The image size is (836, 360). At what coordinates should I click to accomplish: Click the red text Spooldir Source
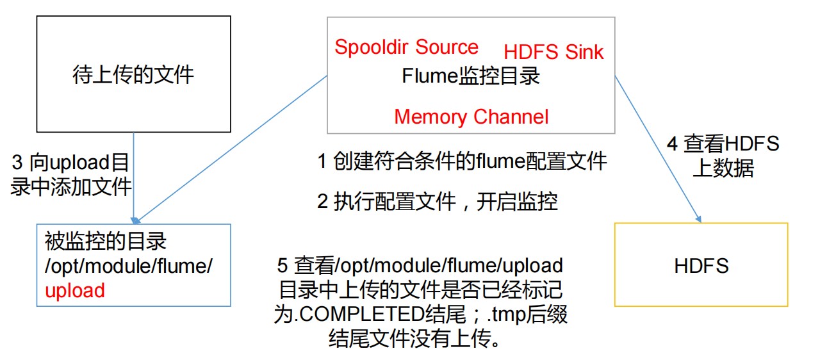click(x=406, y=48)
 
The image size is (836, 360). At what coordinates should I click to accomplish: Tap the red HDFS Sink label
click(x=553, y=52)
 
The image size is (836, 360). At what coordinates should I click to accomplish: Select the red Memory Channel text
click(x=471, y=117)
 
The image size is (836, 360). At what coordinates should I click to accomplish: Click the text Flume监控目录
click(x=471, y=76)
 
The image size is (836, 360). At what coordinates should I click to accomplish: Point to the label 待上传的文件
click(x=133, y=74)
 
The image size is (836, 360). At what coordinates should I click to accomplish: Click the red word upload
click(x=75, y=291)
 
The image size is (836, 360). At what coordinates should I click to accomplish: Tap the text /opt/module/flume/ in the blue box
click(x=128, y=266)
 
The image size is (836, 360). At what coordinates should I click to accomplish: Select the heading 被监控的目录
click(x=106, y=241)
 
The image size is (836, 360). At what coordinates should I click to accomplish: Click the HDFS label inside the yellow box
click(x=701, y=266)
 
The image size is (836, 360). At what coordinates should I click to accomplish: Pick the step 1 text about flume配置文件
click(x=462, y=161)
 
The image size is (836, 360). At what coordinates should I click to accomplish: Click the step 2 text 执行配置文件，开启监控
click(x=438, y=202)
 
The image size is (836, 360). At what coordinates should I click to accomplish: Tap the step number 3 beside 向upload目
click(x=17, y=163)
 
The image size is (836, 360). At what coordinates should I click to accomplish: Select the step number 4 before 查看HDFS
click(x=672, y=144)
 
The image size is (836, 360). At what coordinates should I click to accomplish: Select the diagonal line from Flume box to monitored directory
click(x=231, y=149)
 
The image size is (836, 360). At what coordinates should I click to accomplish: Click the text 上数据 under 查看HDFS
click(x=723, y=168)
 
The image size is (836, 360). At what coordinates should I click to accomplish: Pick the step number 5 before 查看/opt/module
click(x=282, y=266)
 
